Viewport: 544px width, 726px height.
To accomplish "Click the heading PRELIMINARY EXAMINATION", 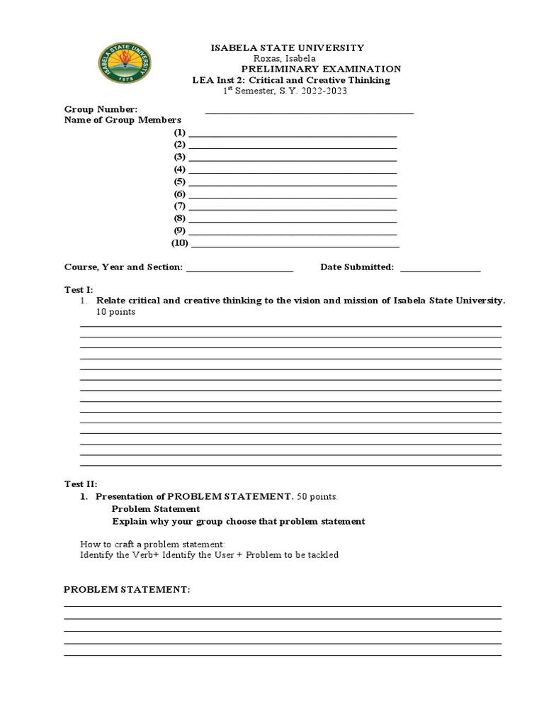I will click(321, 69).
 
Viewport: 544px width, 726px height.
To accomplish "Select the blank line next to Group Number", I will click(309, 112).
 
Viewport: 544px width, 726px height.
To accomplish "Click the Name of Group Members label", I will click(123, 121).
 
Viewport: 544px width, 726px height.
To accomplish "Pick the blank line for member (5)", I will click(293, 184).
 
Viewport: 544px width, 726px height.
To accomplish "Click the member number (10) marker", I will click(180, 243).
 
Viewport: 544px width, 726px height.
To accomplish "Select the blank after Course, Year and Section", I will click(239, 269).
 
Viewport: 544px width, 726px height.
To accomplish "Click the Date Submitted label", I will click(357, 267).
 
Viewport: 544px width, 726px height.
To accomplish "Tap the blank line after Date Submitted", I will click(441, 269).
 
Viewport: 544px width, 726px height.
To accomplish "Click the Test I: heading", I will click(79, 290).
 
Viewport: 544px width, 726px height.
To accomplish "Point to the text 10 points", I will click(115, 312).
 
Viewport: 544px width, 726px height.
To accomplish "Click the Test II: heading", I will click(80, 484).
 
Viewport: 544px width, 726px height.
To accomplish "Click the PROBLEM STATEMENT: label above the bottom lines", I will click(127, 590).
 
